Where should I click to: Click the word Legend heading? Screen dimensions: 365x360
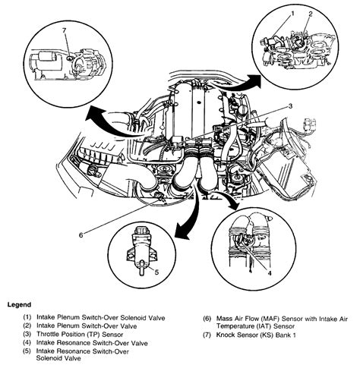[x=21, y=304]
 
